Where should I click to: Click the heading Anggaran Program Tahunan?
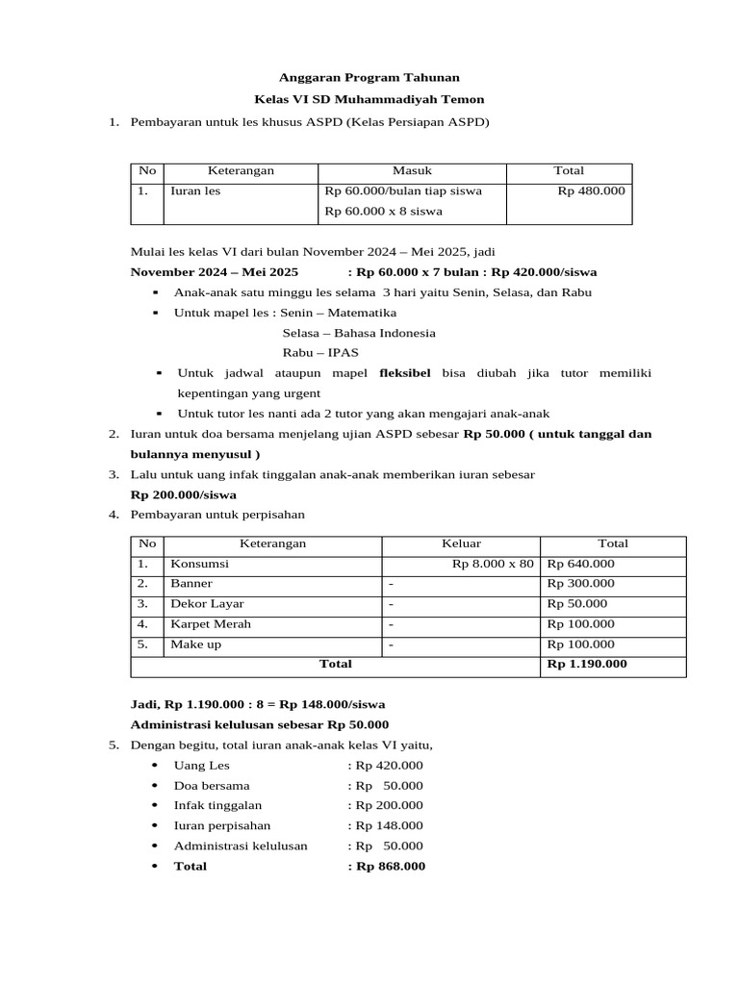pos(369,77)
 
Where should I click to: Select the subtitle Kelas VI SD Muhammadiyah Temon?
pos(369,99)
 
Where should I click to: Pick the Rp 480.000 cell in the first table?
pos(591,190)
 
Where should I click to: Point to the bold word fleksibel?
pos(405,372)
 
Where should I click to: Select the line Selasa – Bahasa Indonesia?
pos(358,333)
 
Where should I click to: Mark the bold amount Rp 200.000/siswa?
pos(183,495)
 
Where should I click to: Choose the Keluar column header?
pos(462,543)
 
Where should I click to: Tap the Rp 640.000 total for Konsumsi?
pos(580,564)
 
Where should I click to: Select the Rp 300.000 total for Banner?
pos(580,584)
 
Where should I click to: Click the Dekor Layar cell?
pos(207,604)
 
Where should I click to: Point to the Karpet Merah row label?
pos(211,624)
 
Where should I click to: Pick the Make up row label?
pos(195,644)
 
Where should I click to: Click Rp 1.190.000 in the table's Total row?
pos(587,664)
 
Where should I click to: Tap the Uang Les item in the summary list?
pos(202,766)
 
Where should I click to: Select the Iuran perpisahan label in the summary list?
pos(221,825)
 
